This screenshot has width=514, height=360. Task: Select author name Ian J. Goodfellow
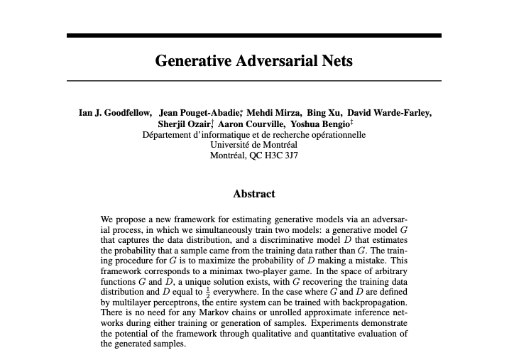(x=115, y=112)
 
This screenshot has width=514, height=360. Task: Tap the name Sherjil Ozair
(x=185, y=124)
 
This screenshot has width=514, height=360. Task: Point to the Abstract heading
(x=253, y=193)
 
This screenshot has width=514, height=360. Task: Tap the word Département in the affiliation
(x=168, y=135)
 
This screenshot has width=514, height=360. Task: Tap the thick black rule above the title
(x=253, y=35)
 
